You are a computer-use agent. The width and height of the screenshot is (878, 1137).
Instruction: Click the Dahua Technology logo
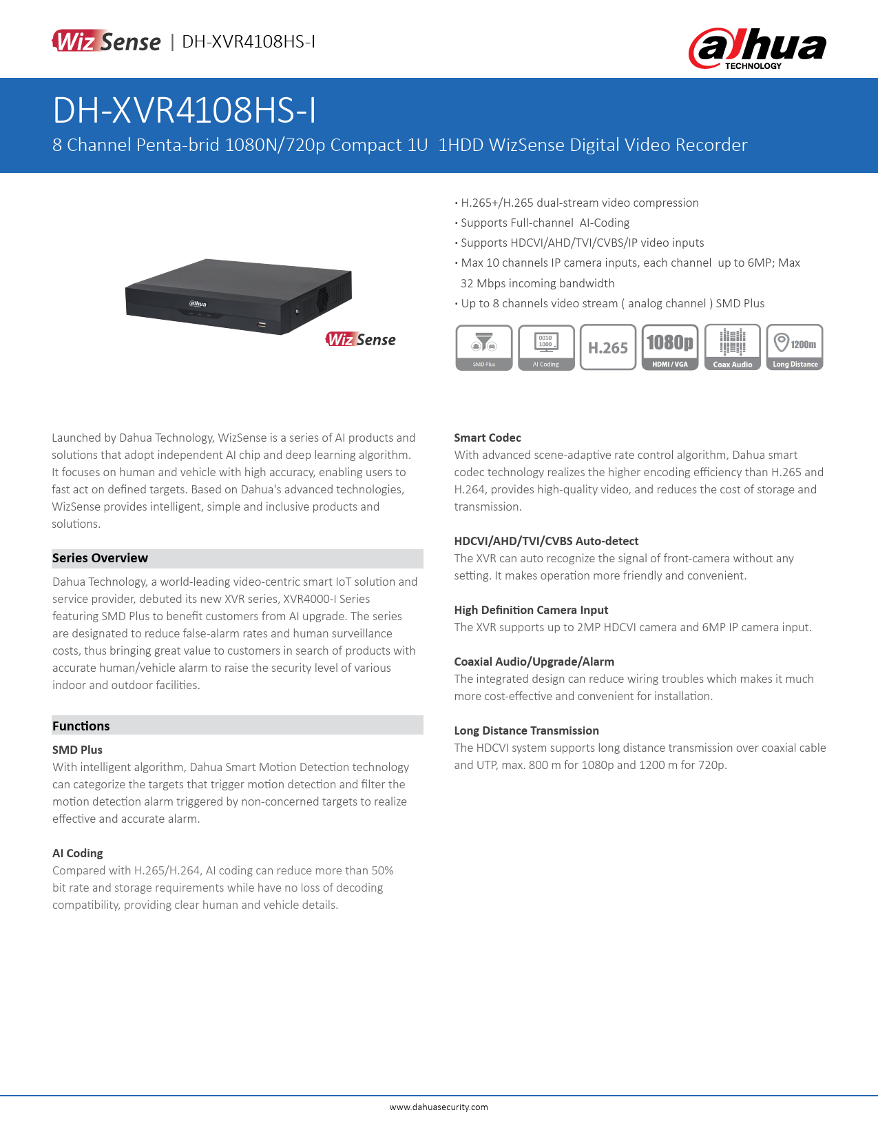757,48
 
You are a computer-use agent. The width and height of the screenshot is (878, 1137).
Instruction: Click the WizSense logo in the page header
106,41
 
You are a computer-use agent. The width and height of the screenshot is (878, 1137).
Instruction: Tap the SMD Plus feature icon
484,347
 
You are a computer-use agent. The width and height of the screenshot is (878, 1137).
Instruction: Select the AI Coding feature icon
546,347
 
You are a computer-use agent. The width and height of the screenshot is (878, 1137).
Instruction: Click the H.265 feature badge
608,347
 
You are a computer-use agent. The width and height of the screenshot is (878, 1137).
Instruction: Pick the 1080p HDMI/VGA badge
670,347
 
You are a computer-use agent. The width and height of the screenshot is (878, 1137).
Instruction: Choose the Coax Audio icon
732,347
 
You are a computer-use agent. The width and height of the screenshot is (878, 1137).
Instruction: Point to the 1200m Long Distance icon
795,347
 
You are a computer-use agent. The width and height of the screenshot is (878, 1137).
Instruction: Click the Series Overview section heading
100,558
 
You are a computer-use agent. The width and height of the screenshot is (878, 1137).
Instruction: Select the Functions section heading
81,726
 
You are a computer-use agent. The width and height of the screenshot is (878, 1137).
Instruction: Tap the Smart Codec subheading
488,438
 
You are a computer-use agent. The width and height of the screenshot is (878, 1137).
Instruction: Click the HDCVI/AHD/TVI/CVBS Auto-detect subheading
546,541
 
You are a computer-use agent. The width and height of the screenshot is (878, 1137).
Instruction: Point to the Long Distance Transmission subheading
526,730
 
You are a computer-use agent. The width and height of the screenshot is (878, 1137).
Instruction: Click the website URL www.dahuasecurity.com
439,1107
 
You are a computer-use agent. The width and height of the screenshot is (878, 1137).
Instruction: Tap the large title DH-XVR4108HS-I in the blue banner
185,110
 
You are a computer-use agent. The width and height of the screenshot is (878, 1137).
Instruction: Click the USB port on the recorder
262,323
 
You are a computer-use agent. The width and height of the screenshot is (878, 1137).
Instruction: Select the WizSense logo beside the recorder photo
361,339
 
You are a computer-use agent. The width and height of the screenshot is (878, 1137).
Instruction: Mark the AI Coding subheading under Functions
78,853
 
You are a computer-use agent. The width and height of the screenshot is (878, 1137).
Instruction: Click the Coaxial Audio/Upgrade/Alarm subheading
534,662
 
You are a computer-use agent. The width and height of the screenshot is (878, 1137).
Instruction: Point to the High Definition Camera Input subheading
531,610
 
